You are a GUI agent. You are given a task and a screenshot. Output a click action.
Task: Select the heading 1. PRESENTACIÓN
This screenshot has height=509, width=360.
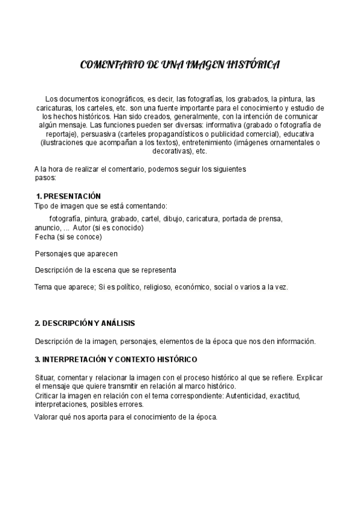(x=68, y=197)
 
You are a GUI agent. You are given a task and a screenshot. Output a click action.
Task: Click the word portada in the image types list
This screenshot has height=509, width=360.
(x=233, y=218)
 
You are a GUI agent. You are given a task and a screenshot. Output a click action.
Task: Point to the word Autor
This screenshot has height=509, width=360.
(x=82, y=227)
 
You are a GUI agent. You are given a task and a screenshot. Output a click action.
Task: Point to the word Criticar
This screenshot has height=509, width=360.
(x=48, y=396)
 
